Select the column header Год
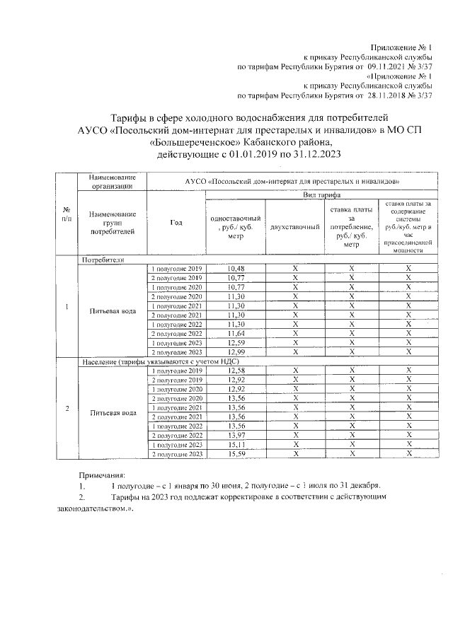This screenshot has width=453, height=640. (x=176, y=223)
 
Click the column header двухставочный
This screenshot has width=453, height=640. (x=294, y=227)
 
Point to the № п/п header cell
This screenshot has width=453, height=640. (x=66, y=214)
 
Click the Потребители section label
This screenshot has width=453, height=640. (x=103, y=260)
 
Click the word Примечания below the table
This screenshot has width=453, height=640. (x=101, y=475)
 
